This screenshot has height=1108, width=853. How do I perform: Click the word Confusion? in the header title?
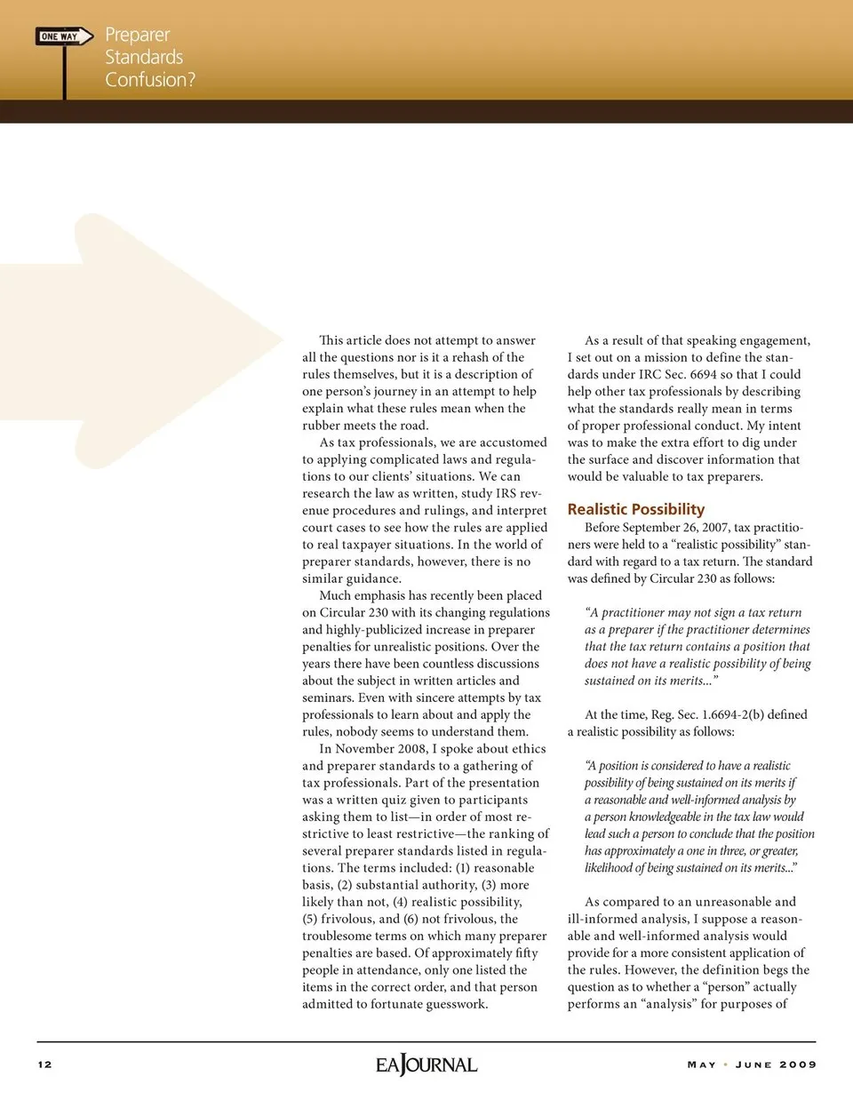tap(149, 80)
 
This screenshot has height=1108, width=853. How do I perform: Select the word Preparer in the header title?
tap(137, 35)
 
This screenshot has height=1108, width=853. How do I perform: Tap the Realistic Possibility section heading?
tap(635, 509)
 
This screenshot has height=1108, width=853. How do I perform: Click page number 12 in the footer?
tap(44, 1064)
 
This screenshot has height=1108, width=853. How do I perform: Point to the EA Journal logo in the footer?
tap(426, 1064)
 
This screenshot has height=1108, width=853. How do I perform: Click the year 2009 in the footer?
tap(798, 1064)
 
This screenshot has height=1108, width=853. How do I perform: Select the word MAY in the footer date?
tap(701, 1064)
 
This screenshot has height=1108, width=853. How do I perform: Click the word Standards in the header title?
tap(143, 58)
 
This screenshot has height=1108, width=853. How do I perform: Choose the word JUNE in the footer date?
tap(753, 1064)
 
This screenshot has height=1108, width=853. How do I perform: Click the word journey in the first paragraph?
tap(388, 392)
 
